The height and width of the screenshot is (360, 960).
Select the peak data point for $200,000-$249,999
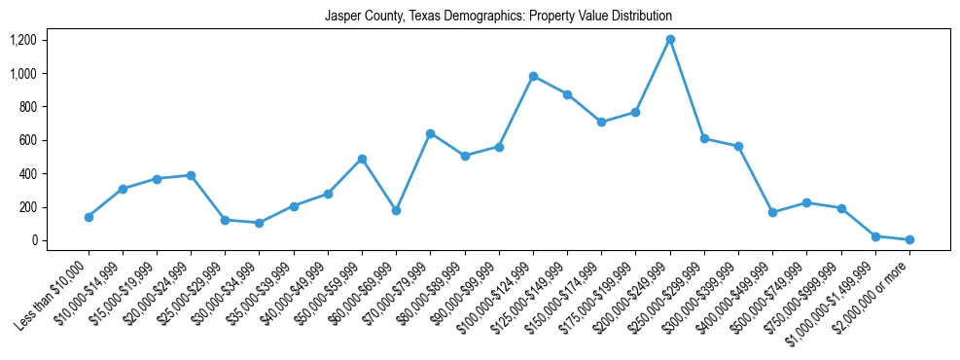pos(670,40)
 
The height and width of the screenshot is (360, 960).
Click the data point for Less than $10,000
pos(89,217)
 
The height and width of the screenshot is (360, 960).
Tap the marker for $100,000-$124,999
pos(533,76)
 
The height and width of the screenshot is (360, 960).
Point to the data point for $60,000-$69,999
pos(396,210)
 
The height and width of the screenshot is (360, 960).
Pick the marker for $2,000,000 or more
pos(909,239)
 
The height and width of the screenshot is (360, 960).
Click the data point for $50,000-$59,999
pos(362,159)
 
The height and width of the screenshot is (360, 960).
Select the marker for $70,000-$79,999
pos(430,133)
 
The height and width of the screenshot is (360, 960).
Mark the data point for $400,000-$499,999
pos(772,212)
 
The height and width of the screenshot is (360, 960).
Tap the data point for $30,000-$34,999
pos(259,223)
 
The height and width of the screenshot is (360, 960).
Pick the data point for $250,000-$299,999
pos(704,138)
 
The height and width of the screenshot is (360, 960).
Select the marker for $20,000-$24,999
pos(191,175)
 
